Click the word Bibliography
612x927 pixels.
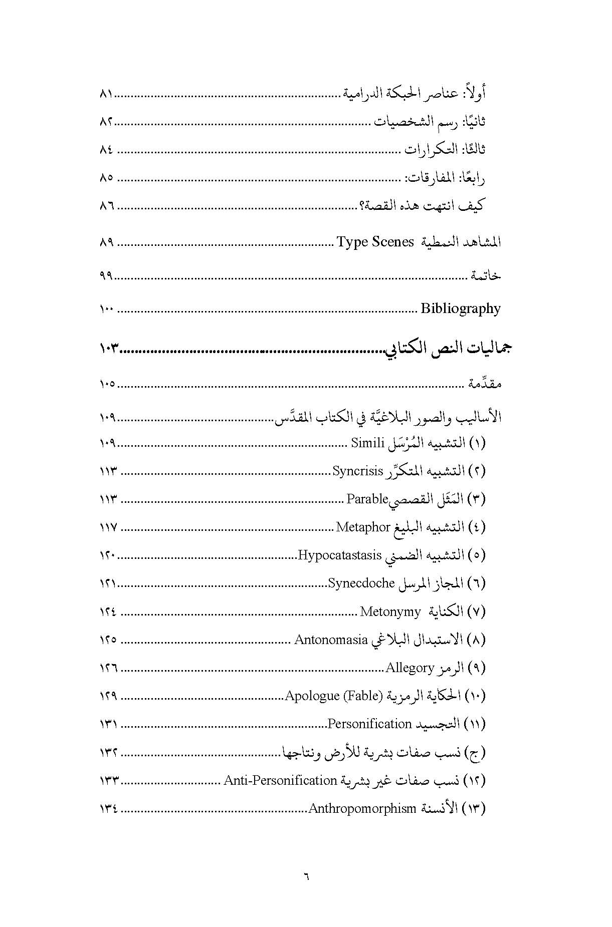460,308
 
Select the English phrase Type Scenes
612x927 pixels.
375,242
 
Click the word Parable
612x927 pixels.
367,499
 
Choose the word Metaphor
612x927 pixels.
363,527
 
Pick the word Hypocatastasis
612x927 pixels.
339,555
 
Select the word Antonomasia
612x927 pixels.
331,640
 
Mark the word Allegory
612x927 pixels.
410,668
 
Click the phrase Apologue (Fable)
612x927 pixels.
334,696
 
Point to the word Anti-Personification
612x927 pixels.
280,780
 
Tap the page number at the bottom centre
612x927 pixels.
306,876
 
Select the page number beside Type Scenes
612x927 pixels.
107,243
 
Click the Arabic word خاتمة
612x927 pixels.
485,275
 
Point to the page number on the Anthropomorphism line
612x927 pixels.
109,809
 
